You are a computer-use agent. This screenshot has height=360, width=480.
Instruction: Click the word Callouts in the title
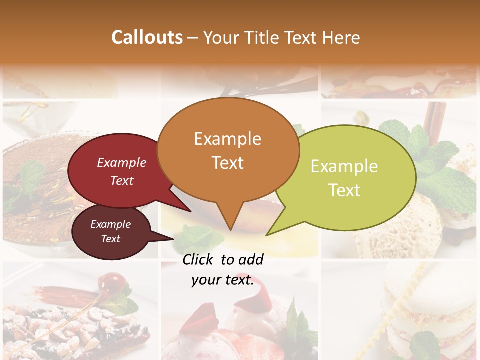point(147,37)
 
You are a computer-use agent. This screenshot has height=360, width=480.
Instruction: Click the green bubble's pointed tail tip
point(267,234)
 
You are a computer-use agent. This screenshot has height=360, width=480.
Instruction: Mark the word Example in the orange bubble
point(227,138)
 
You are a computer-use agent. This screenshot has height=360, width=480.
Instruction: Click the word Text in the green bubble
point(345,190)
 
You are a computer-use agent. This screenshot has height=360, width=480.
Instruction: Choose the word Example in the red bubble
point(122,163)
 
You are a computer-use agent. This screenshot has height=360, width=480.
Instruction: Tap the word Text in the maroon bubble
point(110,239)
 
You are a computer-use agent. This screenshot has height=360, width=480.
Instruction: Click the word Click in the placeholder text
point(199,259)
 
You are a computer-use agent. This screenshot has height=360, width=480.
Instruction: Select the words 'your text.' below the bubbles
point(222,280)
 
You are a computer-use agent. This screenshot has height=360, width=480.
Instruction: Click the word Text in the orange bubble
point(228,163)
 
